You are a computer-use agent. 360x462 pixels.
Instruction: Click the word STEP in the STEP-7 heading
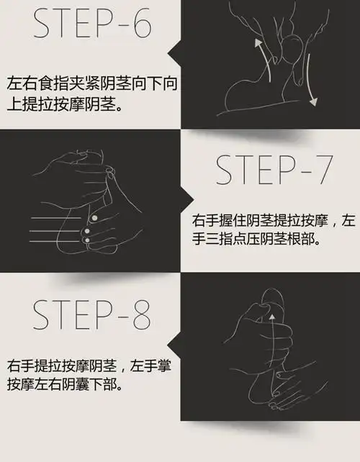pos(252,172)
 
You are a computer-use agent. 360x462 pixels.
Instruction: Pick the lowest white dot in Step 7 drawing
pos(86,240)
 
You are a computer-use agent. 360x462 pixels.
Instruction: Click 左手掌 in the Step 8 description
pos(151,366)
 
